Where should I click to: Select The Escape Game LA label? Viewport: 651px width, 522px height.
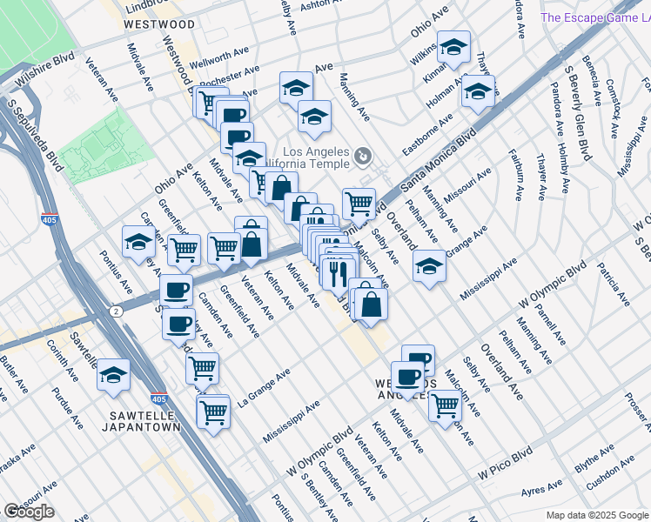(595, 17)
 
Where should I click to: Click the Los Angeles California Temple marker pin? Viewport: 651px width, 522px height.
(363, 157)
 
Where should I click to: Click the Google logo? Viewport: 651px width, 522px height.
(29, 511)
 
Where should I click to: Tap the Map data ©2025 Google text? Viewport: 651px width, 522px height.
(595, 515)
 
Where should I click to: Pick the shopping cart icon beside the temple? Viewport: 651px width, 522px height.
(359, 204)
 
